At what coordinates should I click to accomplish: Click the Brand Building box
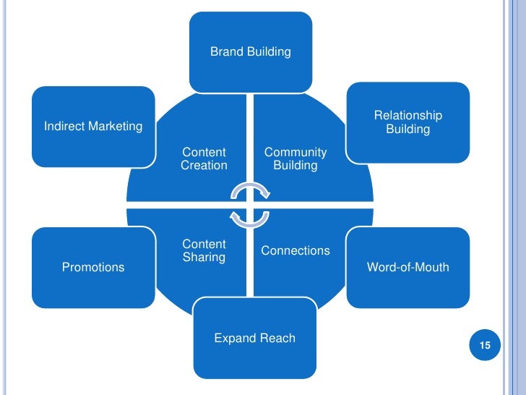pyautogui.click(x=251, y=51)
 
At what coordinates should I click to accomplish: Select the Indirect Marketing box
pyautogui.click(x=93, y=127)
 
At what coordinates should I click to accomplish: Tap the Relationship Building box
pyautogui.click(x=408, y=122)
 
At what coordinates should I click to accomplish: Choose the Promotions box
pyautogui.click(x=93, y=267)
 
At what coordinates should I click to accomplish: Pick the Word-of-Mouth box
pyautogui.click(x=408, y=267)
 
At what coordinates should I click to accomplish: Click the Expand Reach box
pyautogui.click(x=254, y=338)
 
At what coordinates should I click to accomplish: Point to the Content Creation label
pyautogui.click(x=204, y=158)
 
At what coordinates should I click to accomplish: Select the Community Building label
pyautogui.click(x=295, y=158)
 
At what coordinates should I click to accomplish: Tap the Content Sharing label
pyautogui.click(x=204, y=250)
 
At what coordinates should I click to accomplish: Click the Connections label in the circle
pyautogui.click(x=295, y=250)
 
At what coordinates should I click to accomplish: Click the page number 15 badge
pyautogui.click(x=485, y=345)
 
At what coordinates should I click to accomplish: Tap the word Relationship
pyautogui.click(x=408, y=116)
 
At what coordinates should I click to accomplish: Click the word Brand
pyautogui.click(x=225, y=51)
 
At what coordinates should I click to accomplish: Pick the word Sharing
pyautogui.click(x=204, y=257)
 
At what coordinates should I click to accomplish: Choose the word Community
pyautogui.click(x=295, y=152)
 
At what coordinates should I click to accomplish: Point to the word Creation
pyautogui.click(x=204, y=165)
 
